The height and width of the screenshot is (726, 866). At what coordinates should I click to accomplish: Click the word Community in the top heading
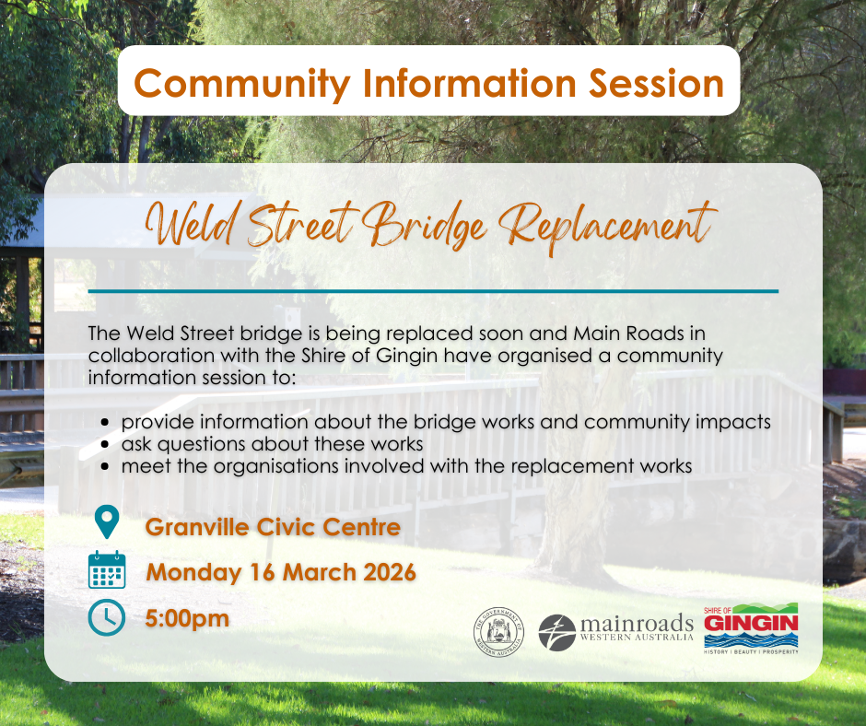pyautogui.click(x=242, y=85)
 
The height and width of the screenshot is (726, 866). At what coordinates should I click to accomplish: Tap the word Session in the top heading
pyautogui.click(x=656, y=84)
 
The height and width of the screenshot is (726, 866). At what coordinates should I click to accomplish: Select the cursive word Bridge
pyautogui.click(x=424, y=225)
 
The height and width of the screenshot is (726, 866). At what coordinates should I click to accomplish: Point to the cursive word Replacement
pyautogui.click(x=606, y=227)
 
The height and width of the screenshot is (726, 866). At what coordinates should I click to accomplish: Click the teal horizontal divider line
pyautogui.click(x=433, y=290)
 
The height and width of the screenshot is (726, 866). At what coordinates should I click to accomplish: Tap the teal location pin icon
pyautogui.click(x=107, y=521)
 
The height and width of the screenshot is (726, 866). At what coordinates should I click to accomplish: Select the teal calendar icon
pyautogui.click(x=107, y=569)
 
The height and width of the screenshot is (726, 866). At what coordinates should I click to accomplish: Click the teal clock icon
pyautogui.click(x=107, y=617)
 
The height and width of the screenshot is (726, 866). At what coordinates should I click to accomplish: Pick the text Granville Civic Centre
pyautogui.click(x=273, y=527)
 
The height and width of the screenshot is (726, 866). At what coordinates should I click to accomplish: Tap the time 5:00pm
pyautogui.click(x=187, y=619)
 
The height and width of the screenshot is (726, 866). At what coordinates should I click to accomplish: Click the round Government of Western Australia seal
pyautogui.click(x=499, y=632)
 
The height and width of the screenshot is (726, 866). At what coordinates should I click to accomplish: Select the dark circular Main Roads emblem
pyautogui.click(x=556, y=633)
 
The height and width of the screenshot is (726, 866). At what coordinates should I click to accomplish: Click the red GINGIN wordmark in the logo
pyautogui.click(x=751, y=624)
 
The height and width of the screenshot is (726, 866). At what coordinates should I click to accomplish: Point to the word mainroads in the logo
pyautogui.click(x=637, y=624)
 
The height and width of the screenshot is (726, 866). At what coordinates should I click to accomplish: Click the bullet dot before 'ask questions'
pyautogui.click(x=106, y=444)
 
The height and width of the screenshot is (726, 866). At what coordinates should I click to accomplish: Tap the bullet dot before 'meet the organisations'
pyautogui.click(x=106, y=466)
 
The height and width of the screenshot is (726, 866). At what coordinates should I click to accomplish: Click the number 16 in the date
pyautogui.click(x=263, y=572)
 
